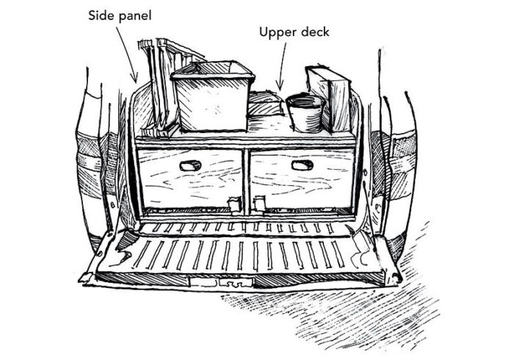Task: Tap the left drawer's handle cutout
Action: [191, 165]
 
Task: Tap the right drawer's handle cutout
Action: [302, 165]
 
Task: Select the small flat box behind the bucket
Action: [265, 104]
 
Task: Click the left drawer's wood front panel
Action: [191, 180]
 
